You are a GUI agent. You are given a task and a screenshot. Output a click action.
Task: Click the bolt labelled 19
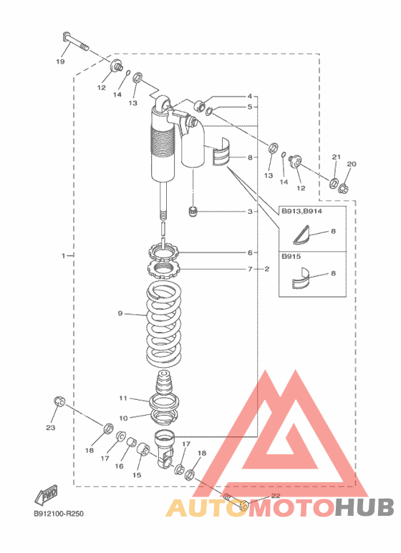pos(75,41)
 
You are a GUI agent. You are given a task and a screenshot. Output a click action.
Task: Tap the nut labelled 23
pos(59,401)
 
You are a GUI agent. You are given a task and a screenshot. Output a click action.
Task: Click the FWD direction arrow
pos(46,494)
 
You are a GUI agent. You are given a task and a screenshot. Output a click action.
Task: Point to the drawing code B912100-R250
pos(59,514)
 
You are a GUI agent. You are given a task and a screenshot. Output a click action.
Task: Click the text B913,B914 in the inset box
pos(301,211)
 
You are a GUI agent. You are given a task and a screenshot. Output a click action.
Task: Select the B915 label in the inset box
pos(291,256)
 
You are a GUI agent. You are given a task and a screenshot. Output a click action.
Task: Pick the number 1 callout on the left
pos(63,255)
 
